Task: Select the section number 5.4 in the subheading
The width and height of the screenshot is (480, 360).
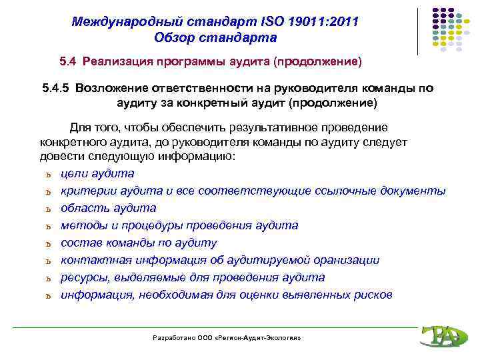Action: coord(68,62)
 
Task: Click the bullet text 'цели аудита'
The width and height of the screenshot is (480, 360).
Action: coord(97,173)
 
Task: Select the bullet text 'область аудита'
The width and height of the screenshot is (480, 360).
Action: coord(108,208)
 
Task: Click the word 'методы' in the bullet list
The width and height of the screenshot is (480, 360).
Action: coord(81,225)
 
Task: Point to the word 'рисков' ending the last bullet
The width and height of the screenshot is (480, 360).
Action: coord(374,295)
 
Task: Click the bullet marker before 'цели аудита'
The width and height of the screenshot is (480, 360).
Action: coord(49,175)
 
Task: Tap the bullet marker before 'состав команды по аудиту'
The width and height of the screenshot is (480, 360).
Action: coord(49,244)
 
